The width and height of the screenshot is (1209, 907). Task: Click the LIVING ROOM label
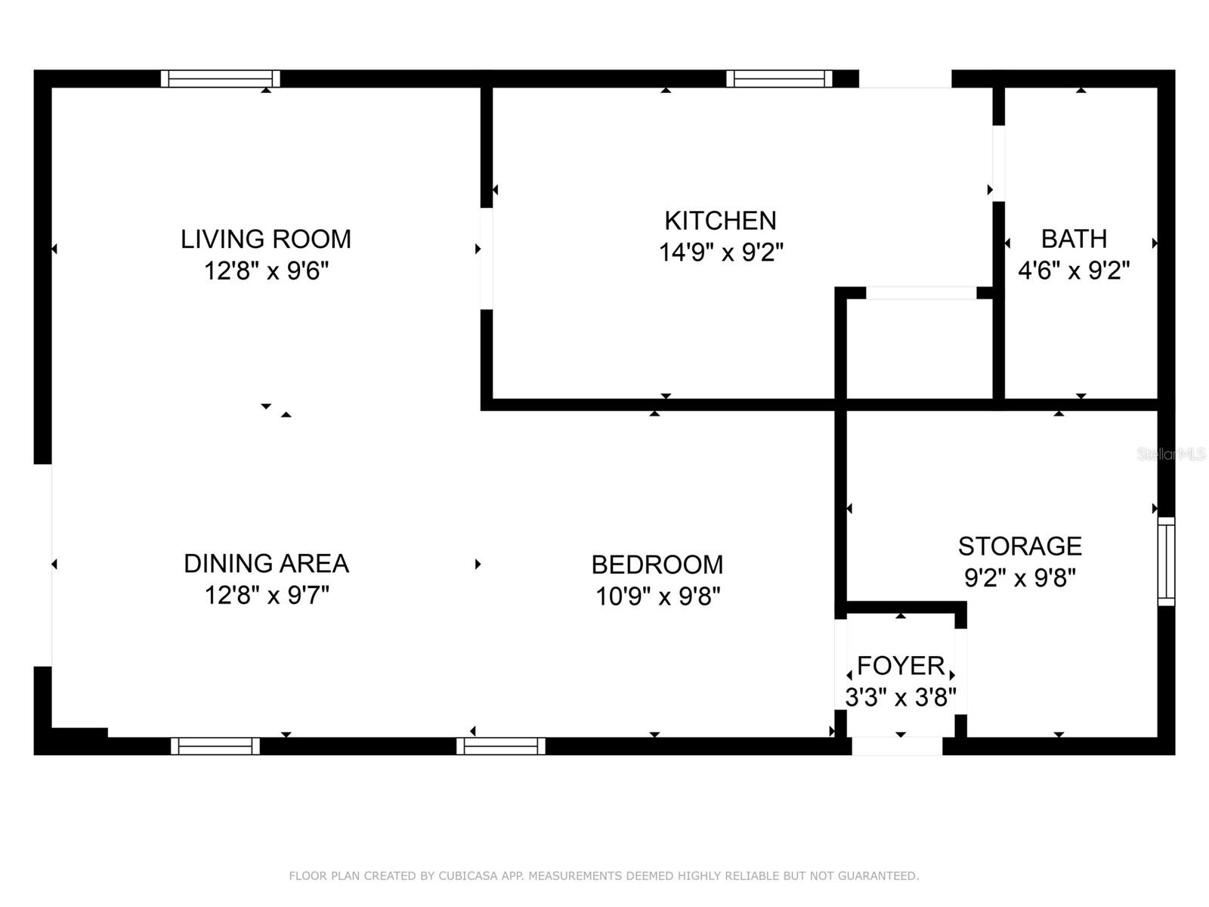266,239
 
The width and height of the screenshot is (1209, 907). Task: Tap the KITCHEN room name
720,221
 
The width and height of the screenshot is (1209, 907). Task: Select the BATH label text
1074,239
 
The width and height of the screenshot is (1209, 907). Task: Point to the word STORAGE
1020,546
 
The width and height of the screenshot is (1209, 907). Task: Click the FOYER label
901,666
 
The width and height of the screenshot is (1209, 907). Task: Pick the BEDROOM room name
657,565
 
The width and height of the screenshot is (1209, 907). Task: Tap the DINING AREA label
267,563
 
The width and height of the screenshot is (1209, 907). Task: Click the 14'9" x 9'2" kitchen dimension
721,252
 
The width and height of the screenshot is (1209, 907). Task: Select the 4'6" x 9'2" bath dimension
1074,271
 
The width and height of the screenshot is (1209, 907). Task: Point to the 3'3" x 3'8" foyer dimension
901,697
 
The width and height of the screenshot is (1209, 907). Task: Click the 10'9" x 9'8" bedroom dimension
658,596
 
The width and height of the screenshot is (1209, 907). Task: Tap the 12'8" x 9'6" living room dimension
267,271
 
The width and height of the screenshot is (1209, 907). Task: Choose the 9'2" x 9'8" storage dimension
1020,577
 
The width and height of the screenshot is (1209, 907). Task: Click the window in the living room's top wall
221,78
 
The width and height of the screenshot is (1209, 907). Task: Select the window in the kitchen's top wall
779,78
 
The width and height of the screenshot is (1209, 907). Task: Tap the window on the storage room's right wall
1166,561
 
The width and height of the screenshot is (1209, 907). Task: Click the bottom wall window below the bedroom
501,746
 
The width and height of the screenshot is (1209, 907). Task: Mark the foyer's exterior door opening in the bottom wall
897,746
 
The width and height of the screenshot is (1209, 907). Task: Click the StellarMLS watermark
1171,454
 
